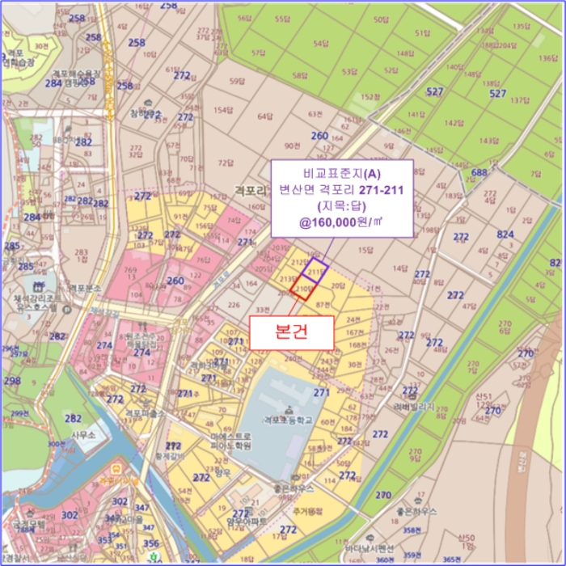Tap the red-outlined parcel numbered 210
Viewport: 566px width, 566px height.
point(303,289)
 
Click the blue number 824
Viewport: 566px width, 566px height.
point(505,234)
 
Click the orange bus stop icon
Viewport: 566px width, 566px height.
point(116,468)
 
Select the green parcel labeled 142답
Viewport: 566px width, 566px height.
point(454,123)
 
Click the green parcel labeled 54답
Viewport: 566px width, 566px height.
point(320,44)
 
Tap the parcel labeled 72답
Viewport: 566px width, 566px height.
point(225,163)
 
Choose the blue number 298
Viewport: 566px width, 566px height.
point(12,381)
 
